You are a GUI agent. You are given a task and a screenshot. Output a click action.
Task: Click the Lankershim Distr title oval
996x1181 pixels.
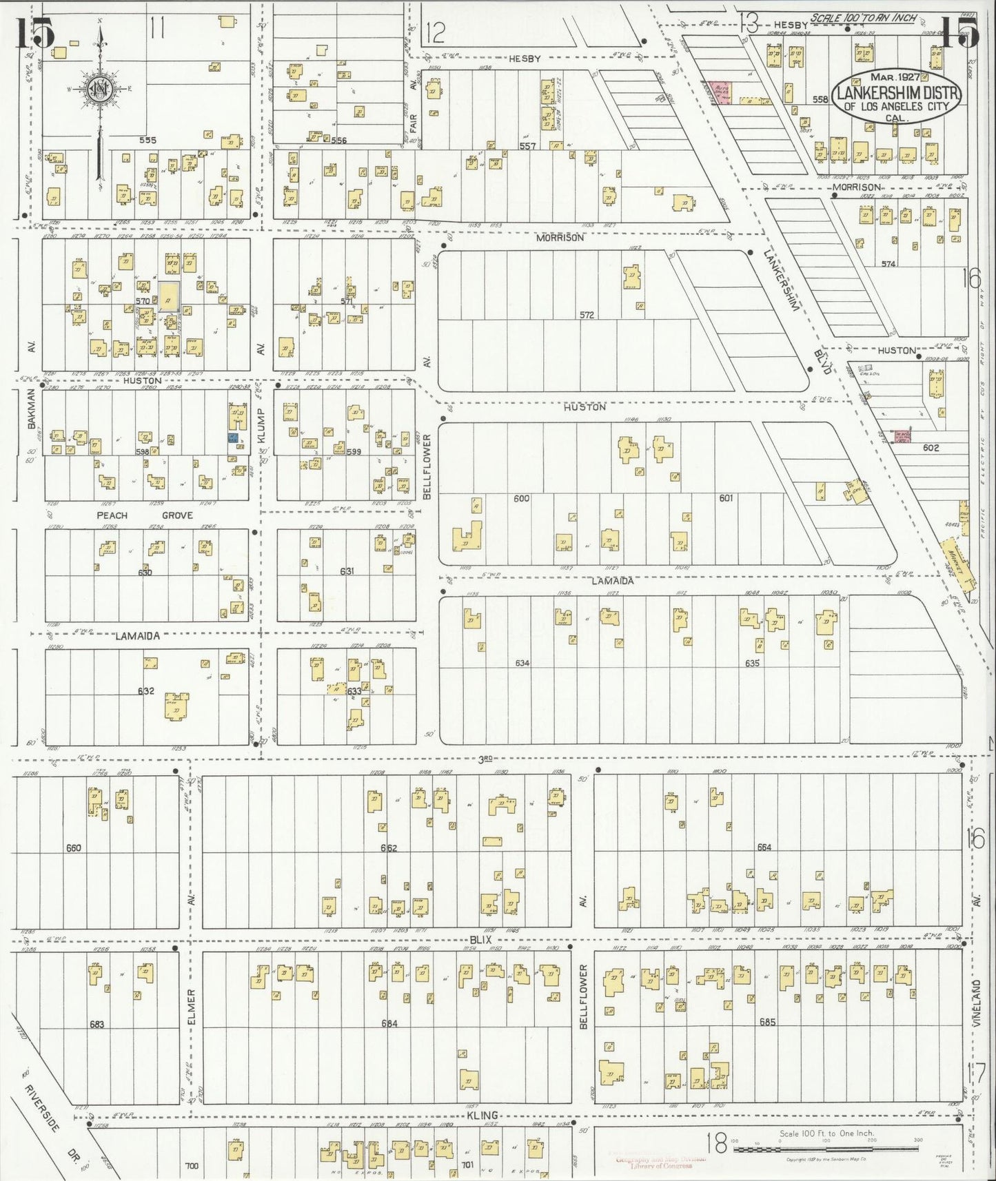tap(896, 97)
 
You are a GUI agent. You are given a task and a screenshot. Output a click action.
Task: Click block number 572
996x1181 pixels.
tap(587, 314)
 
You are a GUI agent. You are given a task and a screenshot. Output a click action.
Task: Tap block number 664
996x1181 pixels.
tap(764, 848)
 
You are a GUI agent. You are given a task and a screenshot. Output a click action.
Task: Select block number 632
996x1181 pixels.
tap(145, 691)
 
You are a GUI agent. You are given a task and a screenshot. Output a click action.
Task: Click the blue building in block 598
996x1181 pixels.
tap(233, 438)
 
